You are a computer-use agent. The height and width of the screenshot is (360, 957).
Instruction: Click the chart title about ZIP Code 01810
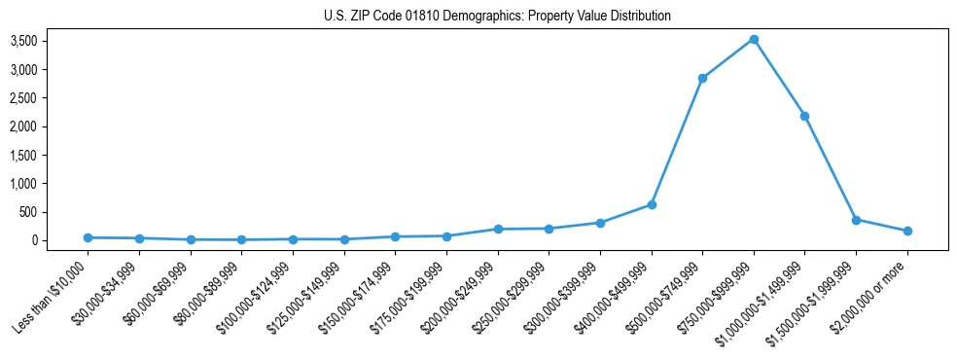pos(497,16)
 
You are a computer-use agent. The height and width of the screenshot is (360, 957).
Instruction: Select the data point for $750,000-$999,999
pos(754,40)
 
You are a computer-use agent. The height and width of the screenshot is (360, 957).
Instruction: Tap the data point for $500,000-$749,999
pos(702,78)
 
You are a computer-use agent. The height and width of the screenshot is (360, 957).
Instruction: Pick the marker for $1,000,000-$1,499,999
pos(804,116)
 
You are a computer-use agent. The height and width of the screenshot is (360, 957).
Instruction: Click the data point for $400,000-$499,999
pos(652,204)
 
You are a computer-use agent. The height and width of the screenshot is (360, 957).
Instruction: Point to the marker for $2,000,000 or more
pos(907,231)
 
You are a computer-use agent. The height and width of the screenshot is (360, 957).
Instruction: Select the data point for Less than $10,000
pos(89,237)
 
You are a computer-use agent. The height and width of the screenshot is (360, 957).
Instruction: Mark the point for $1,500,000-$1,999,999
pos(856,220)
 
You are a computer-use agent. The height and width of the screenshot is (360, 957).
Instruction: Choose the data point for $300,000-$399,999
pos(600,223)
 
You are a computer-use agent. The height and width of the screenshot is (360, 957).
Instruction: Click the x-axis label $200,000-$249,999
pos(462,296)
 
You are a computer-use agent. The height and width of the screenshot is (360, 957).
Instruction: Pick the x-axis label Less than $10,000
pos(52,296)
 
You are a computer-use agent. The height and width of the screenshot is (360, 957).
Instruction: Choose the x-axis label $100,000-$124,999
pos(256,296)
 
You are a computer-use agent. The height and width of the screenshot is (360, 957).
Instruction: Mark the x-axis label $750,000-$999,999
pos(718,296)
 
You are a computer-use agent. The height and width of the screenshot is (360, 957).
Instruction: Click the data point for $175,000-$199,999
pos(446,235)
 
